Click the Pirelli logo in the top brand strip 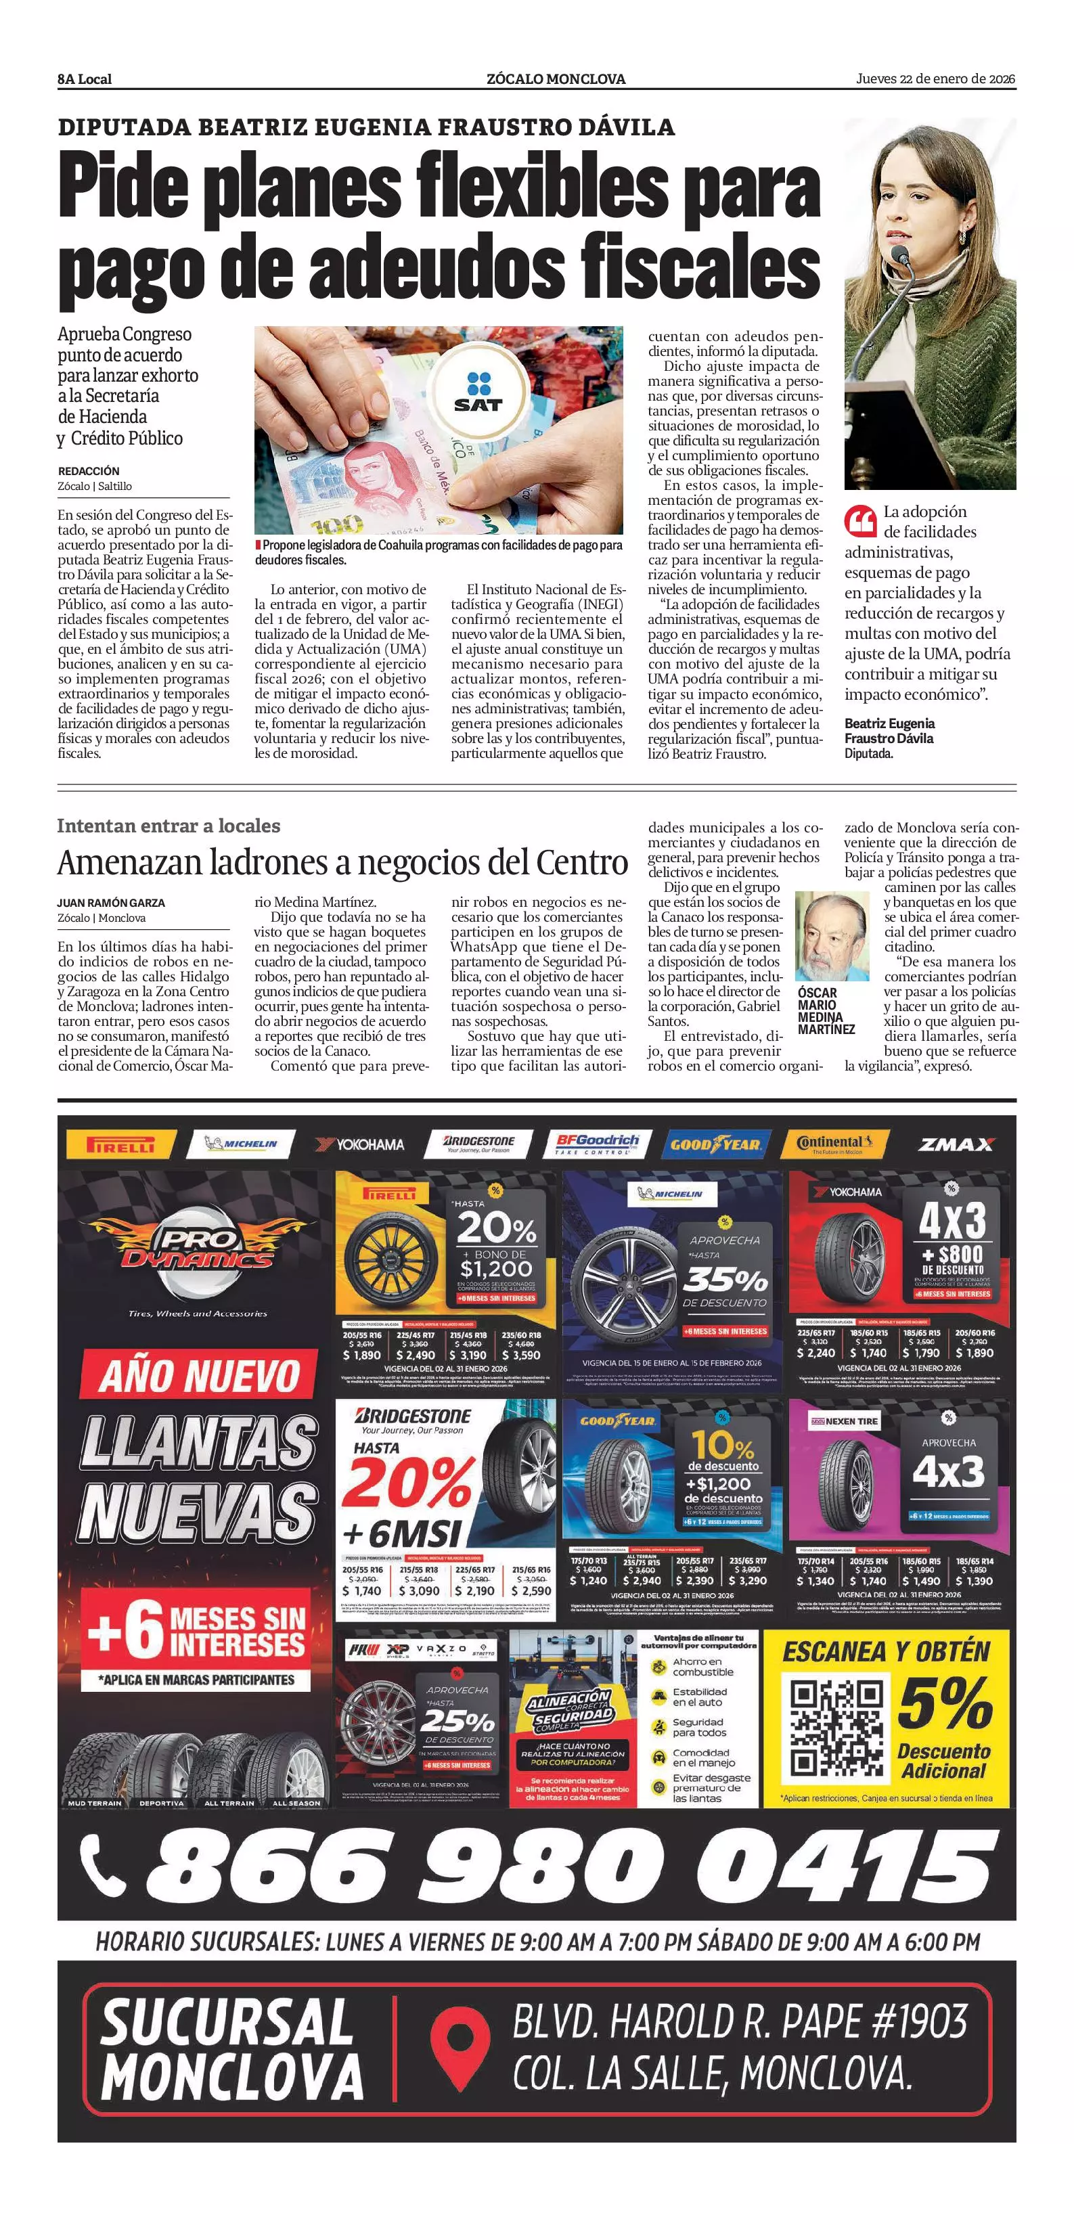coord(120,1144)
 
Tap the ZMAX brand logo coord(956,1144)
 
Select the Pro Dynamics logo coord(197,1249)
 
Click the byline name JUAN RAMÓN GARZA coord(111,903)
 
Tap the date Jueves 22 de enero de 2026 coord(935,79)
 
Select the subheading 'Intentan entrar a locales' coord(169,826)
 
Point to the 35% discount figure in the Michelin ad coord(725,1280)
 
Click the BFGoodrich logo coord(598,1144)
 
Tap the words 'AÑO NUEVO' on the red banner coord(199,1375)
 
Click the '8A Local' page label coord(85,79)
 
